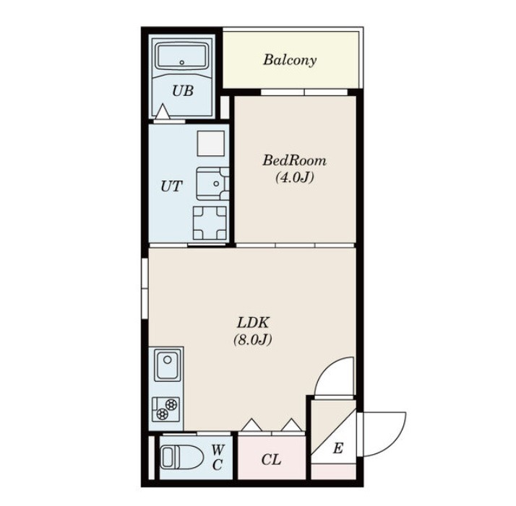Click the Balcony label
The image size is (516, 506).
290,60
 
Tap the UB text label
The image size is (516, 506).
183,91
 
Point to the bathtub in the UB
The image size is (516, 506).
182,56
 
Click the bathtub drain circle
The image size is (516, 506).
182,62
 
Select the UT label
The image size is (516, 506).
171,186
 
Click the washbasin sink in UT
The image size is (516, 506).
212,184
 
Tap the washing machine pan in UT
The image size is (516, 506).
210,222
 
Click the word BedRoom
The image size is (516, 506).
295,160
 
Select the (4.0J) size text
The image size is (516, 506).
295,178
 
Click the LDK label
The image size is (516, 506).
253,323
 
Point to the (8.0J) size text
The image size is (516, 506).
253,340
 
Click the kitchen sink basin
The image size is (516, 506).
168,365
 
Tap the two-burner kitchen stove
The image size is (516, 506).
166,409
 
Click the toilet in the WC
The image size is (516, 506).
181,456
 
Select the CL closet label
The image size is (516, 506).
271,460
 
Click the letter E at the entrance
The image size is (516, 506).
338,448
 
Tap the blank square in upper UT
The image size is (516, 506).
210,144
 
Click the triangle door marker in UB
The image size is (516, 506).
162,111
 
